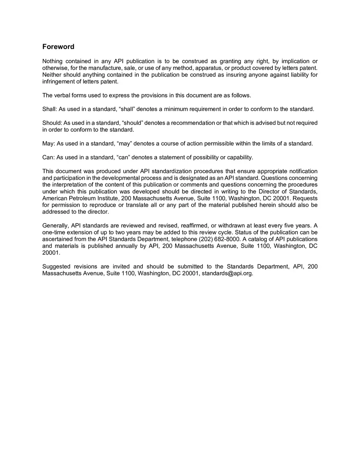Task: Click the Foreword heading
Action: tap(58, 47)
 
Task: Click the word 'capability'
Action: tap(239, 158)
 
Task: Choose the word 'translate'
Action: tap(130, 205)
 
